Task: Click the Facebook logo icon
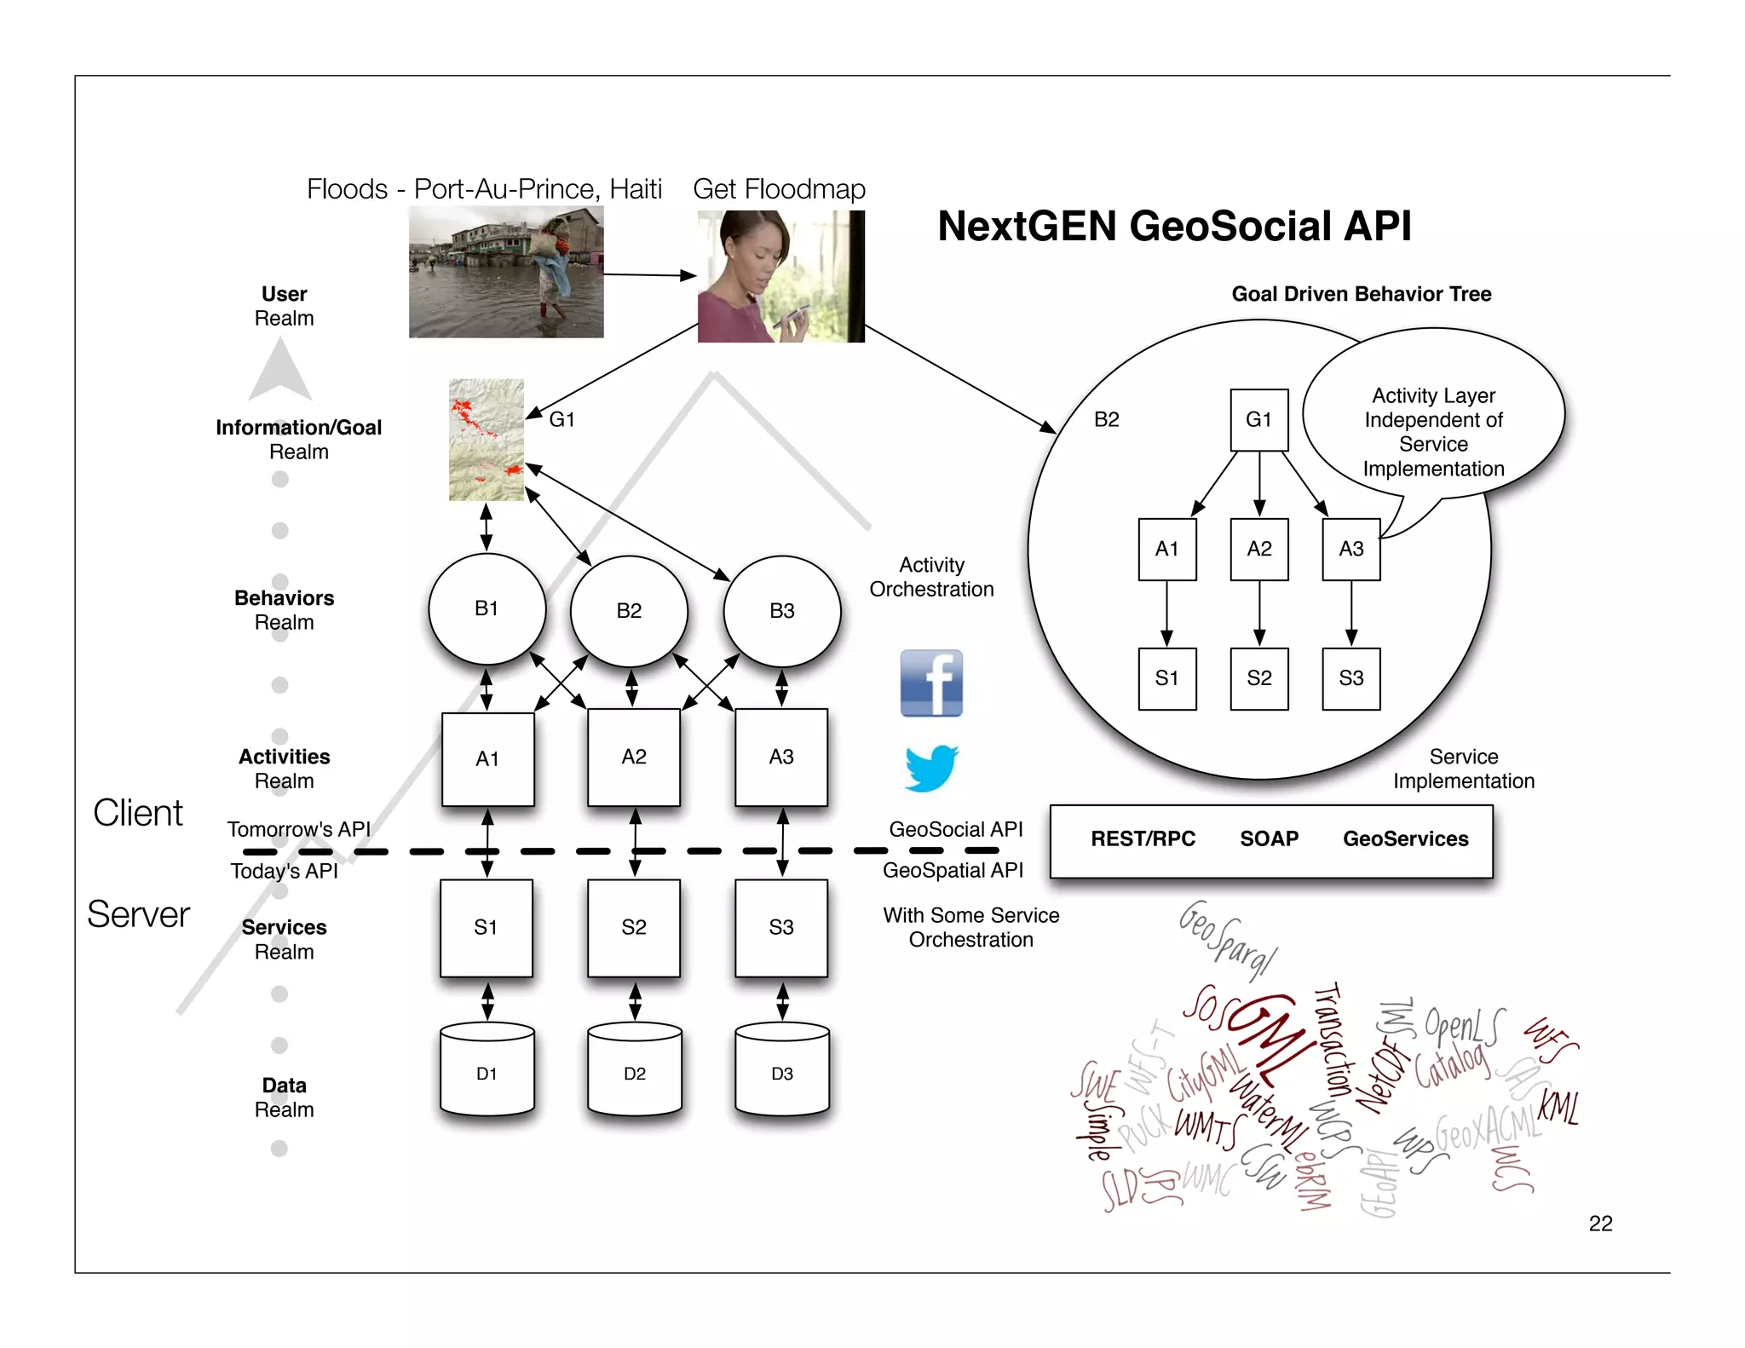point(931,683)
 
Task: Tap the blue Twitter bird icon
point(930,768)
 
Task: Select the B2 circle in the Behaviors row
point(629,610)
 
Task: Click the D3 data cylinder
point(781,1073)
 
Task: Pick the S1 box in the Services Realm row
point(487,927)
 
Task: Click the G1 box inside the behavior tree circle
point(1258,419)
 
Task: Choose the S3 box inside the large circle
point(1351,678)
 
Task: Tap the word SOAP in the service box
point(1269,838)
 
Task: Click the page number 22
point(1600,1224)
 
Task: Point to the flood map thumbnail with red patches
point(487,440)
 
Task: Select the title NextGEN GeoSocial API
point(1174,227)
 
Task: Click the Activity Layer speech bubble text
point(1433,432)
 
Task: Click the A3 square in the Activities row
point(780,757)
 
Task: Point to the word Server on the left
point(138,914)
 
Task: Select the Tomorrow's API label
point(298,829)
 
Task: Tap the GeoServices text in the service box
point(1405,838)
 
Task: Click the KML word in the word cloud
point(1558,1108)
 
